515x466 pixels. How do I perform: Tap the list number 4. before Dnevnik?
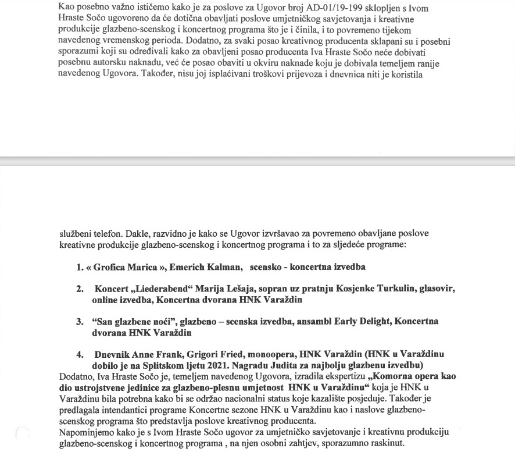point(80,354)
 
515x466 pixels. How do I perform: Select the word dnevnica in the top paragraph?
point(338,74)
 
